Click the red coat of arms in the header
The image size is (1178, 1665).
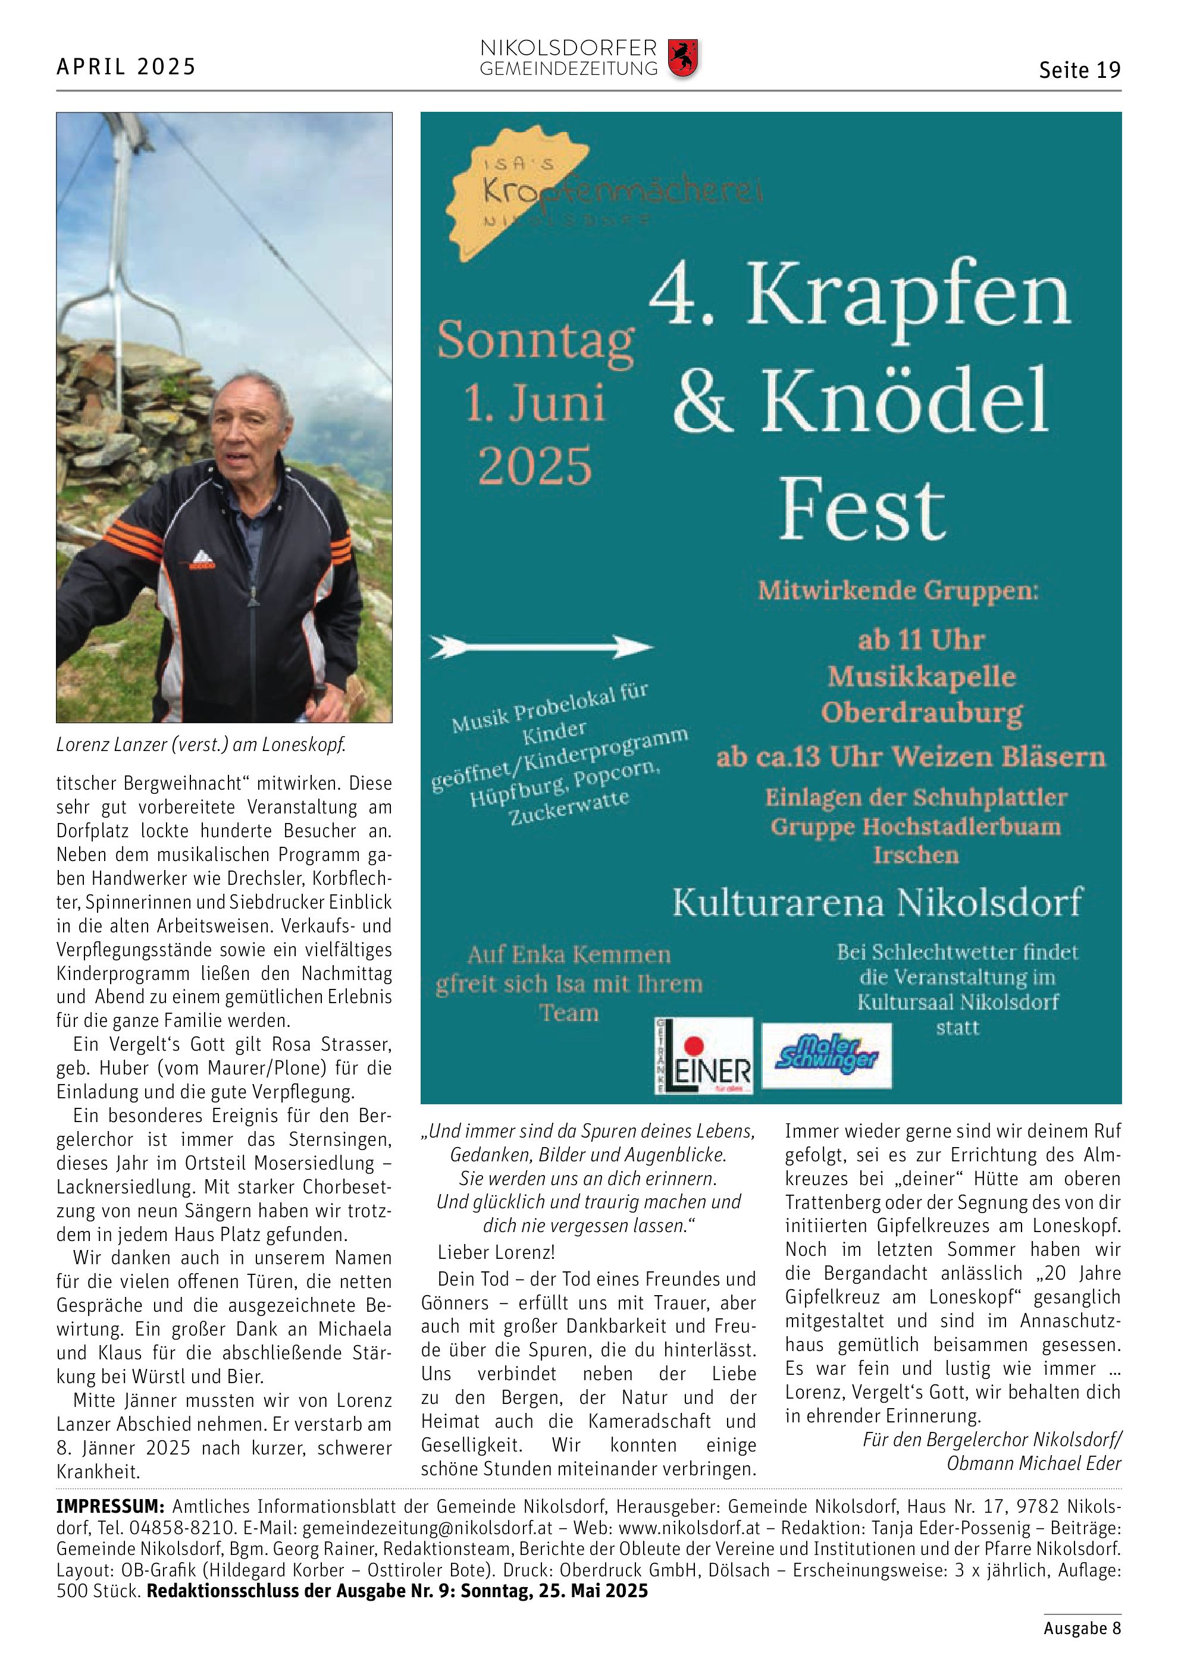682,59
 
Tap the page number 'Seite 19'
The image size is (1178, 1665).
1079,70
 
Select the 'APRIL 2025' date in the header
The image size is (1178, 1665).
126,67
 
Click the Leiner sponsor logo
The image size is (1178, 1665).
704,1056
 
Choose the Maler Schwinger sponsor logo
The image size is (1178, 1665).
827,1054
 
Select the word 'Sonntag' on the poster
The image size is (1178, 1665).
535,340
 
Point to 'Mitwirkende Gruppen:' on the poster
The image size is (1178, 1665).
898,590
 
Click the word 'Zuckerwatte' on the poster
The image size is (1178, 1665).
569,807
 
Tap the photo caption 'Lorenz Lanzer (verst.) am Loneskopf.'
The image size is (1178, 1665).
201,744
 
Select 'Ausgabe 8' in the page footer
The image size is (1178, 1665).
1082,1628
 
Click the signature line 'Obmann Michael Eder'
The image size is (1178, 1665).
1033,1463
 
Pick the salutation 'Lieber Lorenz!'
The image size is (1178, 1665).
496,1252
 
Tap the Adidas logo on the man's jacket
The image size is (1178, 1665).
202,560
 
